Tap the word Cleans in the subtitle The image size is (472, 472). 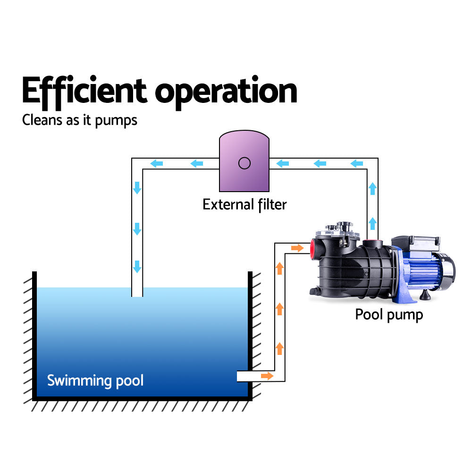(x=40, y=120)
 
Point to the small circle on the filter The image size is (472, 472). (x=244, y=163)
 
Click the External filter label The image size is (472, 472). (x=244, y=204)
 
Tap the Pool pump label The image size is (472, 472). (x=388, y=314)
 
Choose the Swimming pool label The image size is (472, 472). (x=95, y=380)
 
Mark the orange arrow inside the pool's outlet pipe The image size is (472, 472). (x=267, y=376)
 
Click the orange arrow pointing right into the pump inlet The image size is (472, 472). (x=297, y=248)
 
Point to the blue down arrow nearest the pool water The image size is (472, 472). (x=137, y=266)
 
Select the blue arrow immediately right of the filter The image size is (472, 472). (x=282, y=164)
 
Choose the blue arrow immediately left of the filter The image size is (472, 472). (x=198, y=164)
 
